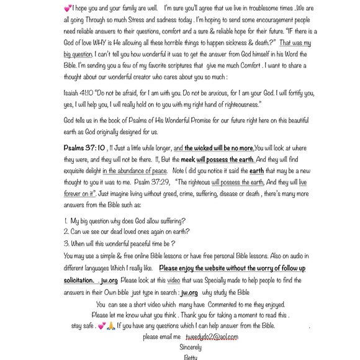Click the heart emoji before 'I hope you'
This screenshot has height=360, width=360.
click(68, 9)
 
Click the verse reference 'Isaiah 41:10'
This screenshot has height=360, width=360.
click(78, 93)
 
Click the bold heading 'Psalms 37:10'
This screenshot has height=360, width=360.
click(84, 148)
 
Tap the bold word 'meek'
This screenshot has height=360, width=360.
click(187, 160)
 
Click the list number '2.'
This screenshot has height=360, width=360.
click(66, 232)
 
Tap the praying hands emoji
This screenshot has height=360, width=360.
click(110, 326)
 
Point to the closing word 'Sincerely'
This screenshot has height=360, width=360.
click(191, 348)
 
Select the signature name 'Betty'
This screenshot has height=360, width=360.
click(191, 357)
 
